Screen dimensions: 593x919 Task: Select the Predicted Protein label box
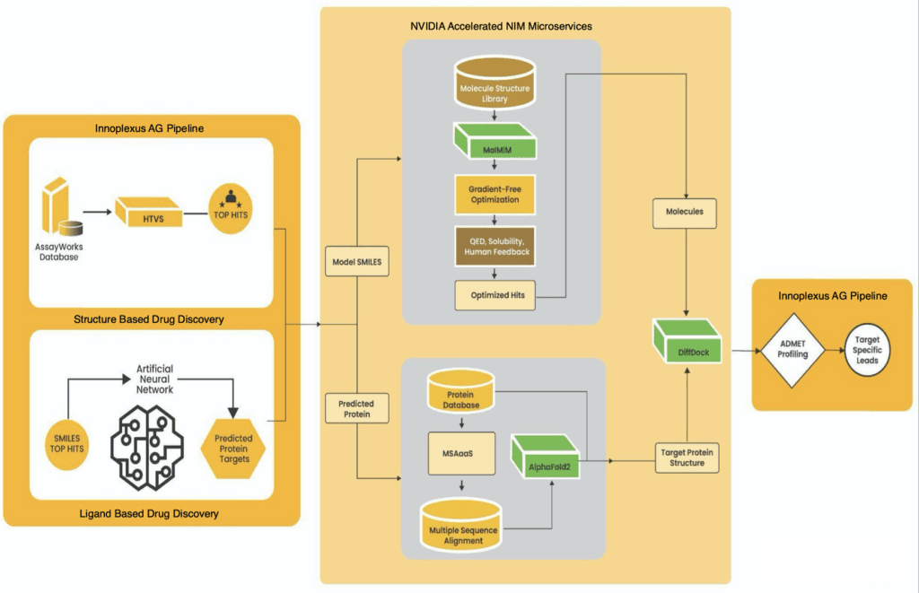click(358, 408)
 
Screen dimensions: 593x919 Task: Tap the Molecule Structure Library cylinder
click(495, 85)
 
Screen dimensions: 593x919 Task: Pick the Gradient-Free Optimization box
click(495, 194)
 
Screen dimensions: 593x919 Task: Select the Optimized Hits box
click(495, 295)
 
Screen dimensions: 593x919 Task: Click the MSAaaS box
click(462, 452)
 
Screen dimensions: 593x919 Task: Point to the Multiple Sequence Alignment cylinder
click(462, 525)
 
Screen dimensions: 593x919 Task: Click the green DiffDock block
click(687, 347)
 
